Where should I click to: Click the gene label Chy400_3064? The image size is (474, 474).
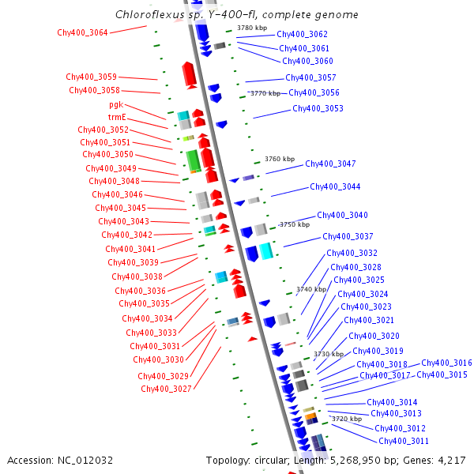coord(82,32)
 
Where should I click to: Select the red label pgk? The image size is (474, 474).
coord(115,104)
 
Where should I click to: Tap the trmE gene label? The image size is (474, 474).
coord(117,117)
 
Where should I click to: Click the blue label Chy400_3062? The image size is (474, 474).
coord(302,35)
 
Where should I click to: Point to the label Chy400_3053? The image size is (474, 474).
coord(318,108)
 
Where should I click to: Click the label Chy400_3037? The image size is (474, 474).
coord(348,236)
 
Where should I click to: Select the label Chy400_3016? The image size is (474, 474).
coord(446,363)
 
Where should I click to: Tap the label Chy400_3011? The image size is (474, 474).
coord(404,441)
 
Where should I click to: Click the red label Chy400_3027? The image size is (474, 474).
coord(166,389)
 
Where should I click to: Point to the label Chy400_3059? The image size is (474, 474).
coord(91,77)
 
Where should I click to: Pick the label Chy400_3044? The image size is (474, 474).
coord(335,186)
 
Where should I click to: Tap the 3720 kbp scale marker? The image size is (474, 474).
coord(346,419)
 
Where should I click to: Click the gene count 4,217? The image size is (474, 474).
coord(450,460)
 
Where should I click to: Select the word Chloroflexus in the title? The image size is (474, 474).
coord(149,14)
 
